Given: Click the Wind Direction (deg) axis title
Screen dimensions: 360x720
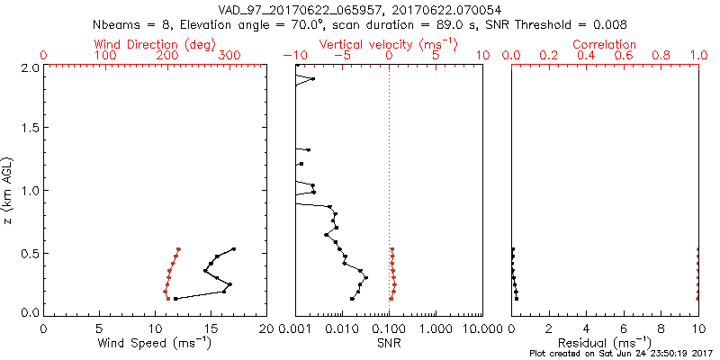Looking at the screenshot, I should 155,44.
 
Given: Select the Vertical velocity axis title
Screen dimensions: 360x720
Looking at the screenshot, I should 388,44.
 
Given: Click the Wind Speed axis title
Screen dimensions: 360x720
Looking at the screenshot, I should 155,343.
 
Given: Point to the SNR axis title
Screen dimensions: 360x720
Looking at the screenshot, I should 389,343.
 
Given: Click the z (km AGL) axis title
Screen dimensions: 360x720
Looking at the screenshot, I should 9,189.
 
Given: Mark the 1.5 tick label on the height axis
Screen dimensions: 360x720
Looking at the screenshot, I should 30,129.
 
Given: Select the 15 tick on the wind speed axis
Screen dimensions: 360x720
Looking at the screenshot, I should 211,328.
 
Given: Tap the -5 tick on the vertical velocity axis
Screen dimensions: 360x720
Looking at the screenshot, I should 342,56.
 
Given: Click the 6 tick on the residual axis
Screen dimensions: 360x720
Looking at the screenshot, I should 624,328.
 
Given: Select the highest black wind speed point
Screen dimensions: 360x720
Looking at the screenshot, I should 233,249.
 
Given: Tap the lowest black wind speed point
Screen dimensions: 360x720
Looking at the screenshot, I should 175,299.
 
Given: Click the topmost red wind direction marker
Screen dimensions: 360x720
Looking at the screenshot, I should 178,249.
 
